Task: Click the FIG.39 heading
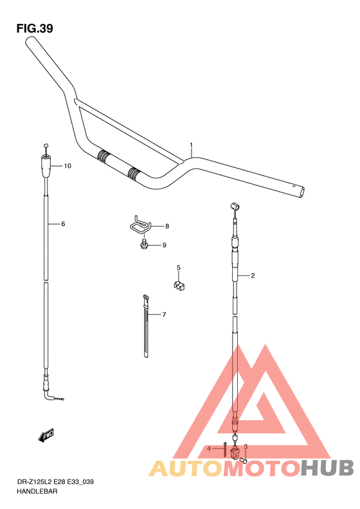click(x=35, y=28)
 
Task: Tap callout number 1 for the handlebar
click(x=192, y=145)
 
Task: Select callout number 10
click(x=67, y=166)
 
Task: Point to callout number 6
click(x=63, y=224)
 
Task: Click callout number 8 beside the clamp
click(x=167, y=227)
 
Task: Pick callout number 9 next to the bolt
click(x=164, y=245)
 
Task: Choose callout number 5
click(x=178, y=268)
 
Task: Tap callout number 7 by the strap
click(x=164, y=315)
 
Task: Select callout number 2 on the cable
click(x=253, y=275)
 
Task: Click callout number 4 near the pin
click(x=209, y=449)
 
